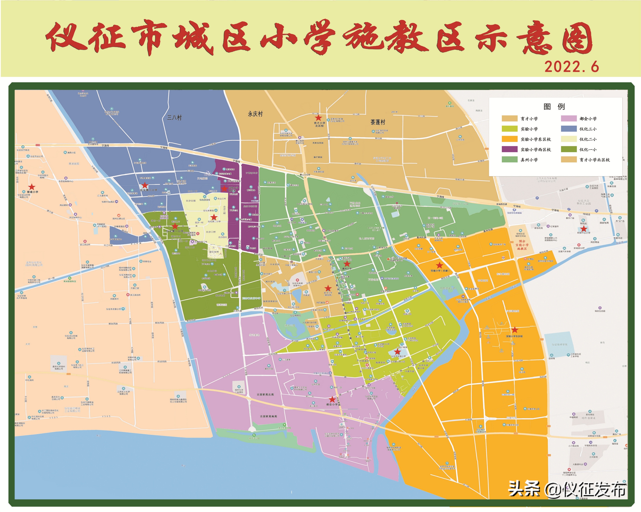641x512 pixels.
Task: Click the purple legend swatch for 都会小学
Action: [x=568, y=118]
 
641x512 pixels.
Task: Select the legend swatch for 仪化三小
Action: [x=568, y=129]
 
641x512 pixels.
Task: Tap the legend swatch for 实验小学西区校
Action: [x=510, y=149]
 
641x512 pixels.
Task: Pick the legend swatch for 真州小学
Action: [x=510, y=160]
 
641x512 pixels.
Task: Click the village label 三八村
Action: [x=174, y=118]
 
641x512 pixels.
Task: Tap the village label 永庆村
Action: [x=255, y=114]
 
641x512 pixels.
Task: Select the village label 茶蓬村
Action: [x=378, y=122]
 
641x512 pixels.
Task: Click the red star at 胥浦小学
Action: [x=32, y=187]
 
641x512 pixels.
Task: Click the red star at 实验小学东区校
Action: [x=515, y=330]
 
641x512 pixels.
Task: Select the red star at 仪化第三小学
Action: [x=144, y=185]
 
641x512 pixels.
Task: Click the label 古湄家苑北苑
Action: [x=265, y=394]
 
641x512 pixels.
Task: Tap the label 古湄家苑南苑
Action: [x=268, y=416]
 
